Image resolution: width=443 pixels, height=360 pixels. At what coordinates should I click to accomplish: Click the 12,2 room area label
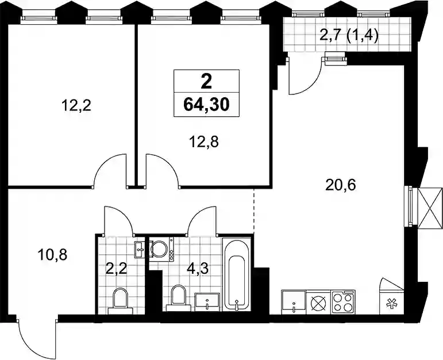76,106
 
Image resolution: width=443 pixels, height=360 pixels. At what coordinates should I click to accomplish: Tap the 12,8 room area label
204,142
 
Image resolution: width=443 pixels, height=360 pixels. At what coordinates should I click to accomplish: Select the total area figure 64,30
206,105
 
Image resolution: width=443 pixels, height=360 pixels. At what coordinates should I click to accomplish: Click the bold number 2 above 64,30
206,82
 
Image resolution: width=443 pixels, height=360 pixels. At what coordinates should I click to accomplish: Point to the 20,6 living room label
341,185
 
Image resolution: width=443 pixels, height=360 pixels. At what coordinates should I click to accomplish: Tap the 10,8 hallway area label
52,255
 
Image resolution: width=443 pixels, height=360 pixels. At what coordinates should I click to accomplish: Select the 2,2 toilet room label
116,269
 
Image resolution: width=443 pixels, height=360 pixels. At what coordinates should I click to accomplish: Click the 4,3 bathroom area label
198,269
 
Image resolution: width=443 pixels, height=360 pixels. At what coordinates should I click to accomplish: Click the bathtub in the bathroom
237,274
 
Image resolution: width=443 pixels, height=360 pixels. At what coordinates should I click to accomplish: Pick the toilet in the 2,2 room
120,301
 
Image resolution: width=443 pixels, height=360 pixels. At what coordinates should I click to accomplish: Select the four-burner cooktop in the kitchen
343,302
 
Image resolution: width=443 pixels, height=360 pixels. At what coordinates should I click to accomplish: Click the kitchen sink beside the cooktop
294,302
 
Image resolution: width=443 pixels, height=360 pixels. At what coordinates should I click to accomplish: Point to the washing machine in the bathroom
161,249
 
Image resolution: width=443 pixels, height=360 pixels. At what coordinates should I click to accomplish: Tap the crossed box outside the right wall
430,208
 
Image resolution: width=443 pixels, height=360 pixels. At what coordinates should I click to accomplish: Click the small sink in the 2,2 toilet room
140,250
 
